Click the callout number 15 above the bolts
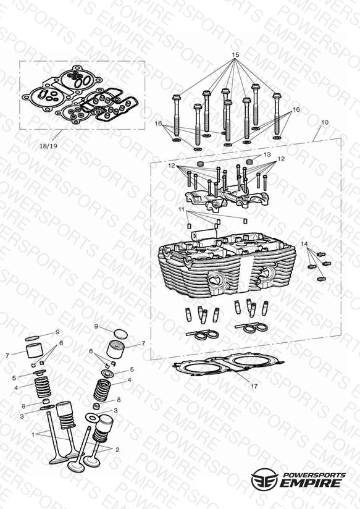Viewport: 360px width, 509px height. (236, 54)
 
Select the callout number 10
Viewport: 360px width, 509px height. (325, 122)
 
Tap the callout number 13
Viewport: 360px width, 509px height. (267, 154)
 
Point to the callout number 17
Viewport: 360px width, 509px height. (254, 386)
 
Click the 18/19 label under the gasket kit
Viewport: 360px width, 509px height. (48, 146)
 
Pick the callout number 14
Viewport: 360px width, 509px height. (304, 244)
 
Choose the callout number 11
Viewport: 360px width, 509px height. (182, 209)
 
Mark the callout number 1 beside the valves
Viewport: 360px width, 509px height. (33, 434)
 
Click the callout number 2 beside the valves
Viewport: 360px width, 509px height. (117, 450)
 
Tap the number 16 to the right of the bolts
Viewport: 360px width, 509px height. (296, 110)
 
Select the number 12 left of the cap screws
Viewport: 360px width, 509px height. (172, 166)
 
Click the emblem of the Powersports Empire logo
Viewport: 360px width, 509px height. (264, 480)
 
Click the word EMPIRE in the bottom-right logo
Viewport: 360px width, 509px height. (311, 483)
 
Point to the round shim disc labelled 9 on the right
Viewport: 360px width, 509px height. (120, 334)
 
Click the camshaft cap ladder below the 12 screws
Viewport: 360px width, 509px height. (227, 198)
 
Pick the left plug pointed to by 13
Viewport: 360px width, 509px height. (201, 162)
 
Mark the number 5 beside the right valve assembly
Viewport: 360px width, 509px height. (132, 369)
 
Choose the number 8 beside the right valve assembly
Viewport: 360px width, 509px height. (119, 400)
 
